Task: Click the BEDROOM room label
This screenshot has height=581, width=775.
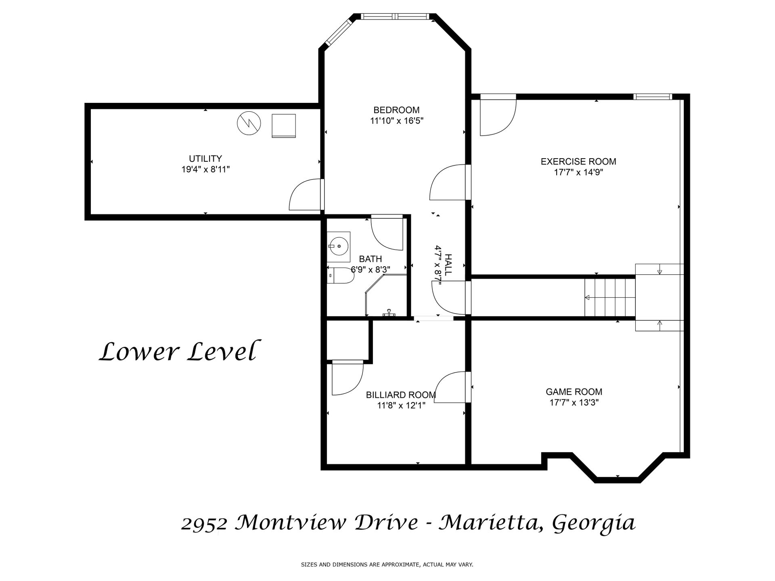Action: (396, 110)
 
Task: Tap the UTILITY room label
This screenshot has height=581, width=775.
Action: (205, 159)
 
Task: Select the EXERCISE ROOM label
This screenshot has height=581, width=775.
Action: (578, 161)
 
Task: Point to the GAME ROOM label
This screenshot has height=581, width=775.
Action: (574, 391)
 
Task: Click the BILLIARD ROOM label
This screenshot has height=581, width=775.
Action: (401, 395)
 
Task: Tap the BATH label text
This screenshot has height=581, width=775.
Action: (371, 259)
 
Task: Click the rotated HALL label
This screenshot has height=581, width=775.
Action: (448, 265)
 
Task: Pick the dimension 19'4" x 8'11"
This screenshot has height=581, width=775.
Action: (205, 169)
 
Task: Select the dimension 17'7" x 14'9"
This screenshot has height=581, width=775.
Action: (578, 172)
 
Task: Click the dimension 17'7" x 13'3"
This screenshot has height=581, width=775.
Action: (574, 402)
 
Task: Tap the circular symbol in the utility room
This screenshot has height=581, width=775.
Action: (249, 123)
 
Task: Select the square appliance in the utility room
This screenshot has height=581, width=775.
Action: (284, 126)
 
